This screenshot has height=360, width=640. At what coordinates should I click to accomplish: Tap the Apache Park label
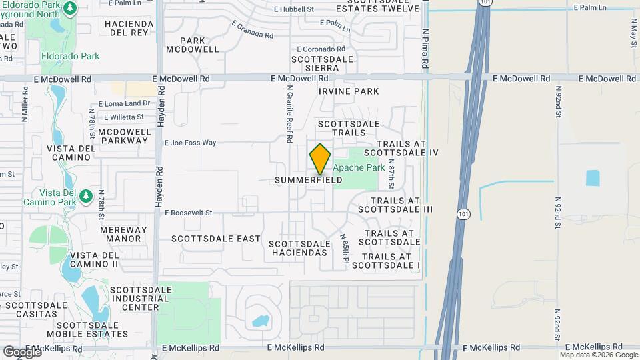pyautogui.click(x=359, y=168)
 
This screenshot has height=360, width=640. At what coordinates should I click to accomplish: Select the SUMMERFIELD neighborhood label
pyautogui.click(x=309, y=180)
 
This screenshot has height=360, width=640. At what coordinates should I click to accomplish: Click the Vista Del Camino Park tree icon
pyautogui.click(x=85, y=195)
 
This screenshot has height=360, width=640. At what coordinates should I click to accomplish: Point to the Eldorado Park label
pyautogui.click(x=70, y=57)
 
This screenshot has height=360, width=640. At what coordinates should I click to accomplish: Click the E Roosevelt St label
pyautogui.click(x=188, y=213)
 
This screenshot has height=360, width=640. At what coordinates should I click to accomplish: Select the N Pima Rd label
pyautogui.click(x=425, y=48)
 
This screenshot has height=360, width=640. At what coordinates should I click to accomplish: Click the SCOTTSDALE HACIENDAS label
pyautogui.click(x=299, y=248)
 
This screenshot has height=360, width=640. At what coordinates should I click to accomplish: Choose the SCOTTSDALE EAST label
pyautogui.click(x=216, y=238)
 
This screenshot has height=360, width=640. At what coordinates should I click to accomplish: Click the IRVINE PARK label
pyautogui.click(x=349, y=91)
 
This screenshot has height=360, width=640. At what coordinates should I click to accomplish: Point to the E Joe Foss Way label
pyautogui.click(x=191, y=143)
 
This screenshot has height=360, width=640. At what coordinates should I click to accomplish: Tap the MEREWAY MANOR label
pyautogui.click(x=120, y=234)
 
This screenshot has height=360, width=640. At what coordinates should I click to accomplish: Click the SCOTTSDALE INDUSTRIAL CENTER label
pyautogui.click(x=135, y=299)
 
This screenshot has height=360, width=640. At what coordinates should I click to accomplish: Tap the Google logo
pyautogui.click(x=22, y=351)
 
